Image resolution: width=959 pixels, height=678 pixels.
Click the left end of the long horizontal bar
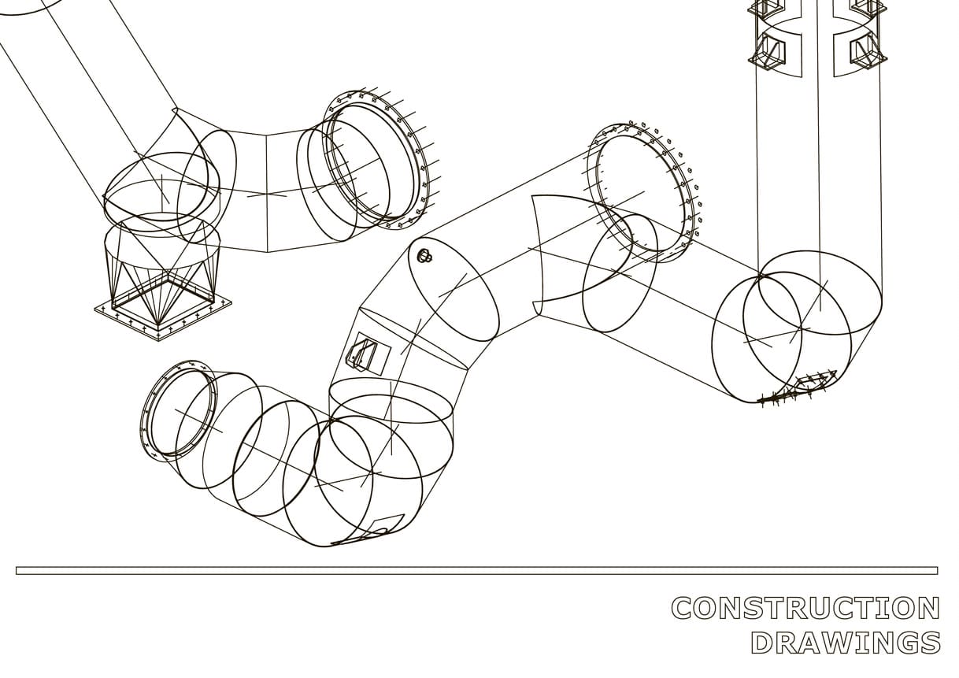coord(17,570)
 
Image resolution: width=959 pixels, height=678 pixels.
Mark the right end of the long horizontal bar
coord(938,570)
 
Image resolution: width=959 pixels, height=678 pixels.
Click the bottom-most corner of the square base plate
coord(159,341)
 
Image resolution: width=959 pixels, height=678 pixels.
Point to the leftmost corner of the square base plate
coord(94,308)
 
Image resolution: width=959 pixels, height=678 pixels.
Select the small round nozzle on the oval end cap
coord(425,255)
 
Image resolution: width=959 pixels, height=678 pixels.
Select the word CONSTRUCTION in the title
coord(805,608)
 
